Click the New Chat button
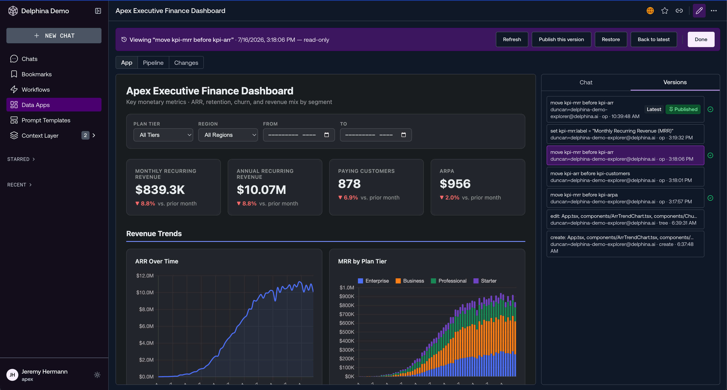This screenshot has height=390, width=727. pos(54,36)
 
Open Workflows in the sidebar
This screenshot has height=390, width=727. pos(36,90)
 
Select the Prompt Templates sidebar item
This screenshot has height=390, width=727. pos(46,120)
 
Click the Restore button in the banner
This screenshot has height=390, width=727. pos(611,39)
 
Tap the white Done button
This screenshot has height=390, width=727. pos(701,39)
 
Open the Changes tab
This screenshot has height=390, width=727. pos(186,63)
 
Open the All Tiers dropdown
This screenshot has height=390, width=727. pos(163,135)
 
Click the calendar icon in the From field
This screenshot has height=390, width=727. pos(327,135)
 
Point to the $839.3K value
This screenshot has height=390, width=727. pos(160,190)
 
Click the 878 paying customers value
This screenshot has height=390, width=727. pos(349,184)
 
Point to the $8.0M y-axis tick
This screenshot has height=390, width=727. pos(146,309)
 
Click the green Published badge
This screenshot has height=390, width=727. pos(683,109)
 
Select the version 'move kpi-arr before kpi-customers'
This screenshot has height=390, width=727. pos(625,177)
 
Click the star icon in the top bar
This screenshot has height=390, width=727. pos(665,11)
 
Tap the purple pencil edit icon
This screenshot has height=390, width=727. pos(699,11)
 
